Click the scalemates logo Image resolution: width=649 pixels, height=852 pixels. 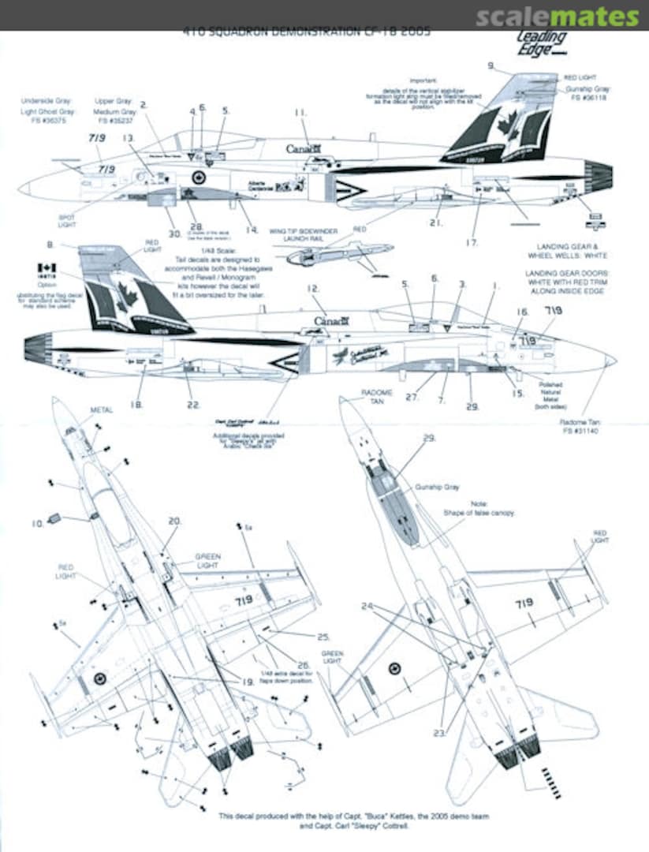tap(558, 17)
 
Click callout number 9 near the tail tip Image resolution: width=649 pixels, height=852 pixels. tap(490, 65)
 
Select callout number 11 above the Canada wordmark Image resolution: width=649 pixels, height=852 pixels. tap(300, 113)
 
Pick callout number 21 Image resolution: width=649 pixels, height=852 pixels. tap(435, 223)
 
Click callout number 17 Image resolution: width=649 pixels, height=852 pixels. tap(472, 242)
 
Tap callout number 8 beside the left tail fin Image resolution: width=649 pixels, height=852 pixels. tap(51, 245)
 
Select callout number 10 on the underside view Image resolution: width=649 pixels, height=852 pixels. tap(36, 522)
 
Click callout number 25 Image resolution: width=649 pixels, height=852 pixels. tap(323, 637)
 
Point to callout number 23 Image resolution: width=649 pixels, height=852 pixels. tap(438, 733)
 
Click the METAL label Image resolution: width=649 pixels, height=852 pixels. tap(102, 410)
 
